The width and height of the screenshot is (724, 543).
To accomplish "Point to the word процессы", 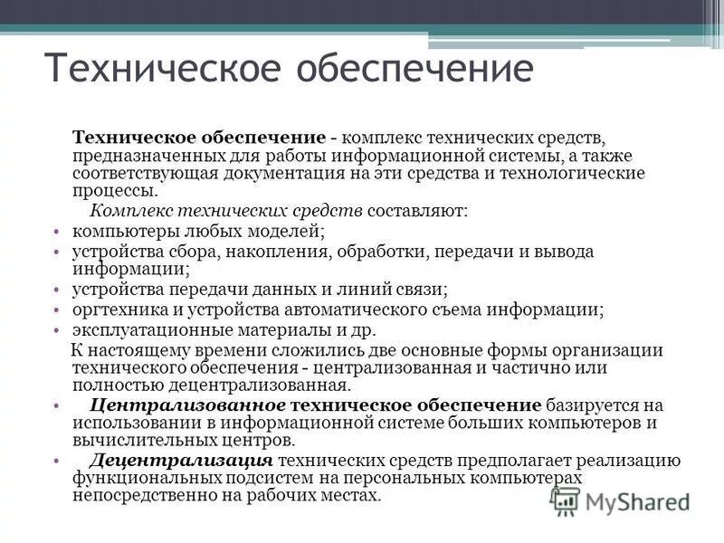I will (113, 190).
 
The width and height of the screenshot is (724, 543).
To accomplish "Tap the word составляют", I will (417, 211).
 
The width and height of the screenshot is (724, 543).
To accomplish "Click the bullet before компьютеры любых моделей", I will (55, 231).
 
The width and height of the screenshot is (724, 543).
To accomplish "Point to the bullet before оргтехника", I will (55, 310).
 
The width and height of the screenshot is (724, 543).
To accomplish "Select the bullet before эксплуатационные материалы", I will (55, 329).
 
